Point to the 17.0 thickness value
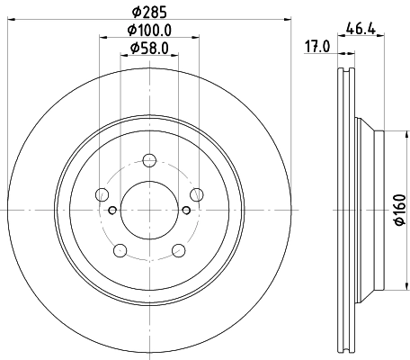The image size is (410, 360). (x=316, y=47)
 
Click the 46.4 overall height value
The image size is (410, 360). (x=364, y=30)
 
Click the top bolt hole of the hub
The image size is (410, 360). (x=149, y=161)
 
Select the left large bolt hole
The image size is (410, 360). (x=102, y=195)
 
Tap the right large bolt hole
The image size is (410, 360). (x=197, y=195)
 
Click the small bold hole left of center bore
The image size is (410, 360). (x=111, y=211)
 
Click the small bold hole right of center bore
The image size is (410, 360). (x=186, y=211)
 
